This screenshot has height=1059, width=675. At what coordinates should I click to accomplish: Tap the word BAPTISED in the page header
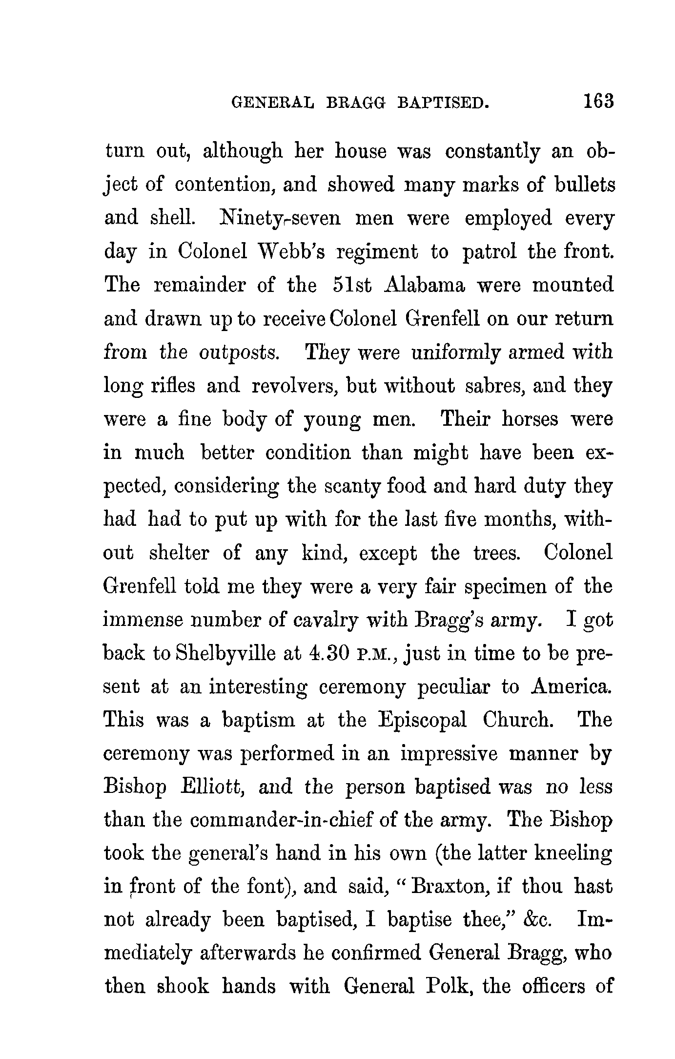(443, 103)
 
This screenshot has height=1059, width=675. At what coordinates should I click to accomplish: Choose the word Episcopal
(422, 720)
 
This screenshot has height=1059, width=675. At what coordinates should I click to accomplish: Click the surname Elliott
(212, 787)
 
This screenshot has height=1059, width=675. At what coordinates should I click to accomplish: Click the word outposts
(239, 352)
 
